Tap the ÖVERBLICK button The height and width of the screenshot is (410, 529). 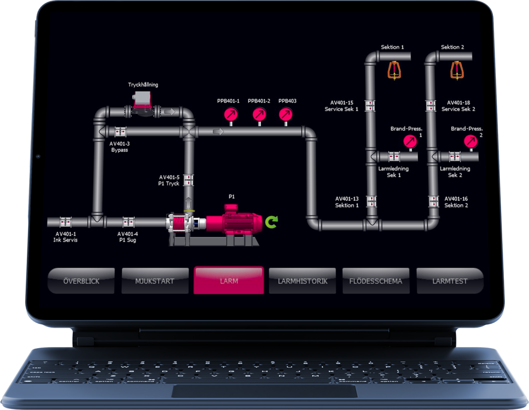pos(81,281)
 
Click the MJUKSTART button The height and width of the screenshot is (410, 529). pos(154,281)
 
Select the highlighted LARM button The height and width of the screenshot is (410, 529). pos(228,281)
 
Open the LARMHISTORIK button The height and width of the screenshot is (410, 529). pos(302,281)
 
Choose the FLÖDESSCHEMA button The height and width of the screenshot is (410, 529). pos(376,281)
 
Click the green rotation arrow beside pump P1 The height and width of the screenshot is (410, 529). pos(271,222)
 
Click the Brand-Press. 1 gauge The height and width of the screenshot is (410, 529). pos(410,141)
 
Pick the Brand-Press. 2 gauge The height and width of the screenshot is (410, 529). pos(470,141)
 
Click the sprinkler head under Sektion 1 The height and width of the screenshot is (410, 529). pos(395,70)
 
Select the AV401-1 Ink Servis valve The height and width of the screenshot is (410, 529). pos(66,223)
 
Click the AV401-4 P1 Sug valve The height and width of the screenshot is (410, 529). pos(128,223)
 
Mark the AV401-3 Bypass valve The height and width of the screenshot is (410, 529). pos(120,132)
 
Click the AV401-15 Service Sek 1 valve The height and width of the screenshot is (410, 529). pos(370,105)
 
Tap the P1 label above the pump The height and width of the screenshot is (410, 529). pos(232,197)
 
